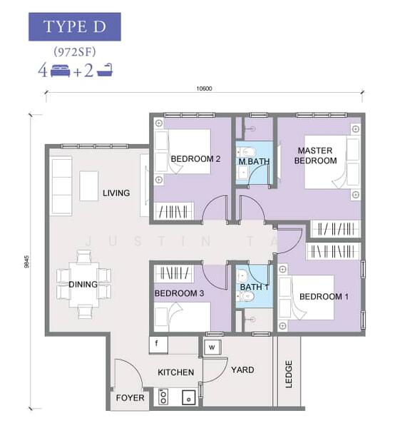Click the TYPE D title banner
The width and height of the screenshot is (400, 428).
[74, 27]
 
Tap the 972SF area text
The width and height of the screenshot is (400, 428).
[74, 51]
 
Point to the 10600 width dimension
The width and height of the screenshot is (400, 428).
[204, 88]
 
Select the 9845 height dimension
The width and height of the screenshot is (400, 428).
[26, 262]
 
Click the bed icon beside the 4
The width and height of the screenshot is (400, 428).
[61, 71]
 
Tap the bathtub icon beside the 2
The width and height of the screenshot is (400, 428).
[105, 70]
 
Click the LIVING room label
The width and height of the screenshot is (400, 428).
[116, 193]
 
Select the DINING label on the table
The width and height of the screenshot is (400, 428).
[83, 285]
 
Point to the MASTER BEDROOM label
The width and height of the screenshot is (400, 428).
[315, 156]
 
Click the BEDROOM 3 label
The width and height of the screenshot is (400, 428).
[179, 293]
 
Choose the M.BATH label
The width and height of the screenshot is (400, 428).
[254, 162]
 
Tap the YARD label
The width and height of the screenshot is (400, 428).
[242, 370]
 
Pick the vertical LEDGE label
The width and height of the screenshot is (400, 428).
[289, 374]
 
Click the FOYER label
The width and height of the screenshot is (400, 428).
[130, 398]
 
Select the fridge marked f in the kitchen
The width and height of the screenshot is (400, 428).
[158, 345]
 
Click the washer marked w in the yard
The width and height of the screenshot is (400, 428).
[212, 347]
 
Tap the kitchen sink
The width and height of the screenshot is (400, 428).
[188, 398]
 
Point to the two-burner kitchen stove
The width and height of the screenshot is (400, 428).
[163, 397]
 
